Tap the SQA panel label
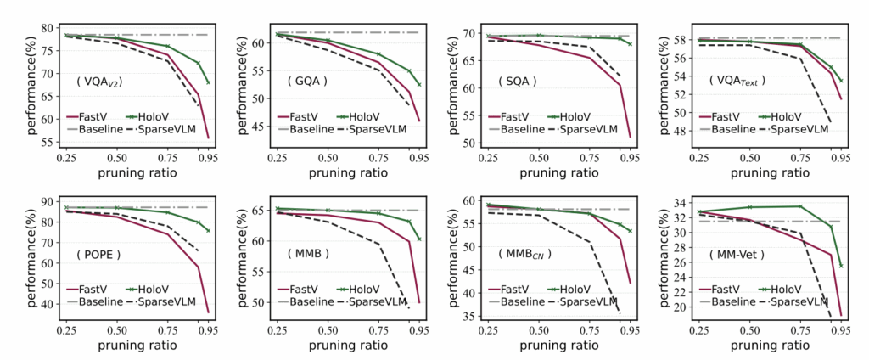point(517,82)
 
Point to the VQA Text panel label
point(737,81)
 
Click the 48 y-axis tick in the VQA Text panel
point(681,130)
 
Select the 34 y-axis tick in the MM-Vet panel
point(681,202)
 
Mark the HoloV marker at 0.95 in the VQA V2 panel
point(208,82)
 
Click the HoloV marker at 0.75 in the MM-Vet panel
point(799,206)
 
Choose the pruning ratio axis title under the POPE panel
point(136,345)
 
